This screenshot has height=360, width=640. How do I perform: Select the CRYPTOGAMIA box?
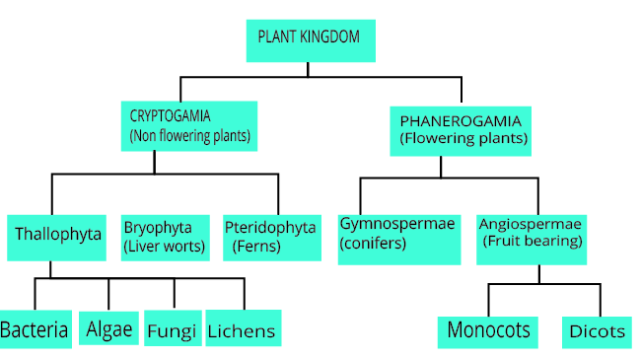point(189,125)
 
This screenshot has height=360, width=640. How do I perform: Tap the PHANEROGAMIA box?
point(461,130)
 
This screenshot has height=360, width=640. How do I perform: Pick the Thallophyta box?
point(57,236)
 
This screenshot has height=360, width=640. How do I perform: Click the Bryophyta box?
point(165,237)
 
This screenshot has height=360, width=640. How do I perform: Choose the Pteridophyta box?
point(268,237)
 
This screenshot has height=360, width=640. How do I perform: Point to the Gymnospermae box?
point(398,237)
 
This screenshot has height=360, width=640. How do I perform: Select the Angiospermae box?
point(532,237)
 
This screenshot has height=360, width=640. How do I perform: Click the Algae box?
point(109,328)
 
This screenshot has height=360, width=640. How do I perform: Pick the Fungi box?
point(172,329)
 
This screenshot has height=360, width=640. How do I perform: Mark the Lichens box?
point(241,329)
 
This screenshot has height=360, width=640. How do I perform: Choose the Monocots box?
point(489,330)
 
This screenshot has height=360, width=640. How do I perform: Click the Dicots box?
point(597,331)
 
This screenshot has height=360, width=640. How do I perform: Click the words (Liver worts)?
point(165,247)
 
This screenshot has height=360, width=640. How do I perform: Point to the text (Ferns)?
point(256,247)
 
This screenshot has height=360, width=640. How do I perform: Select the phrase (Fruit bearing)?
point(531,242)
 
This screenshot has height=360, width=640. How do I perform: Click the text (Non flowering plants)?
point(190,135)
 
